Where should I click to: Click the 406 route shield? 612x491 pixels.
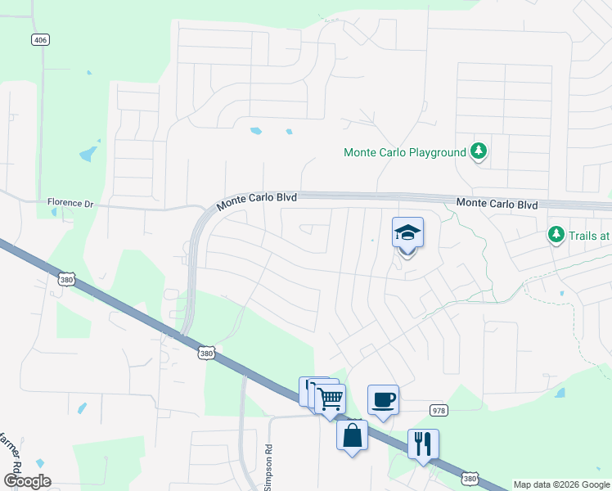click(x=40, y=39)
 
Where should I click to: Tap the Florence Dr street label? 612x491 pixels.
click(x=71, y=202)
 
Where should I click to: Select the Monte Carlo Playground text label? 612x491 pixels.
click(x=404, y=152)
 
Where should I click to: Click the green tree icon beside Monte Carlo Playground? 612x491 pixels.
click(x=479, y=151)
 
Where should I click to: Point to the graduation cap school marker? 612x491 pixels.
click(x=407, y=233)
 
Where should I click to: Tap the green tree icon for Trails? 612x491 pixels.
click(x=556, y=235)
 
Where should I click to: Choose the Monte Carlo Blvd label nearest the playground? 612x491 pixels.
click(x=497, y=203)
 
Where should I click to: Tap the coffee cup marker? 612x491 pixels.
click(x=383, y=400)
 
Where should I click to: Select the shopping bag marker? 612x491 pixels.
click(x=352, y=435)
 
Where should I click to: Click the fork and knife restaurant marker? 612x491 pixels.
click(x=423, y=444)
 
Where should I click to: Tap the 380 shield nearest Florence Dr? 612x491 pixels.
click(x=66, y=280)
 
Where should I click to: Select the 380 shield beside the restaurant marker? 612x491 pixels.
click(x=469, y=476)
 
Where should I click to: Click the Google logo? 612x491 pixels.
click(x=27, y=481)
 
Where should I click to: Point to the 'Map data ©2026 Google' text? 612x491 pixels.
click(x=561, y=484)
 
